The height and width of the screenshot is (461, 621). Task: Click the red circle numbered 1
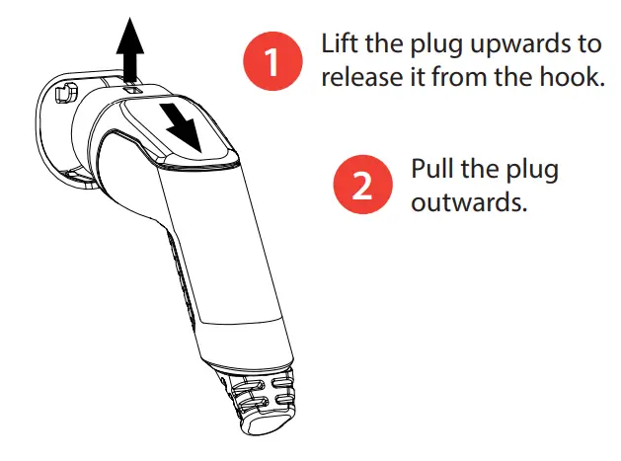point(272,61)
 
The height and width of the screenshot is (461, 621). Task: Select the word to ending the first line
point(583,44)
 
